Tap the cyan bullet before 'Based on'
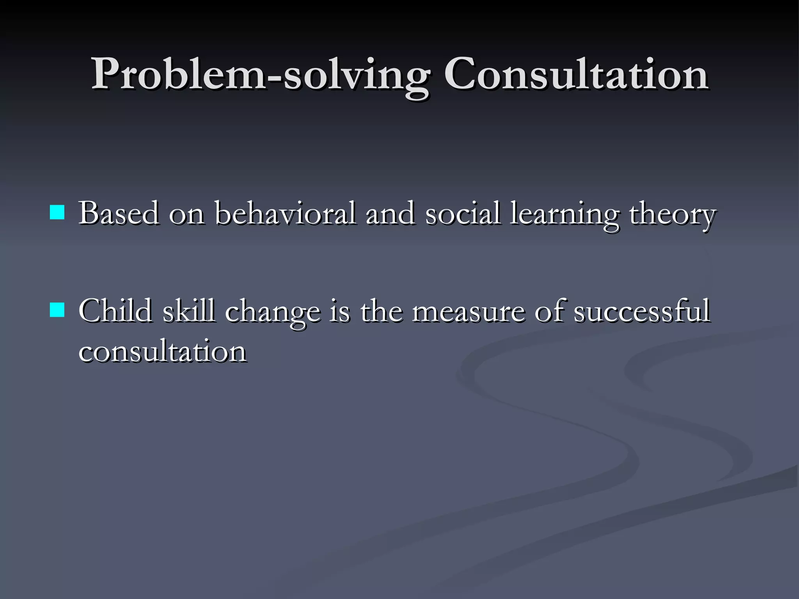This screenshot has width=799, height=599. coord(57,213)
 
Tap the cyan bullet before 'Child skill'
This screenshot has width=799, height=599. coord(57,310)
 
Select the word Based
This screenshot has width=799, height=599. coord(119,214)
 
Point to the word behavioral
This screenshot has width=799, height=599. coord(286,214)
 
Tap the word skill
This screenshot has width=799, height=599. coord(189,311)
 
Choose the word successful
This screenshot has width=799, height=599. coord(642,311)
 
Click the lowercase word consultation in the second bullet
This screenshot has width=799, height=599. coord(162,351)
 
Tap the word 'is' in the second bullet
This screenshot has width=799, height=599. coord(340,311)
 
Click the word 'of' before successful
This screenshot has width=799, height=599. coord(549,311)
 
